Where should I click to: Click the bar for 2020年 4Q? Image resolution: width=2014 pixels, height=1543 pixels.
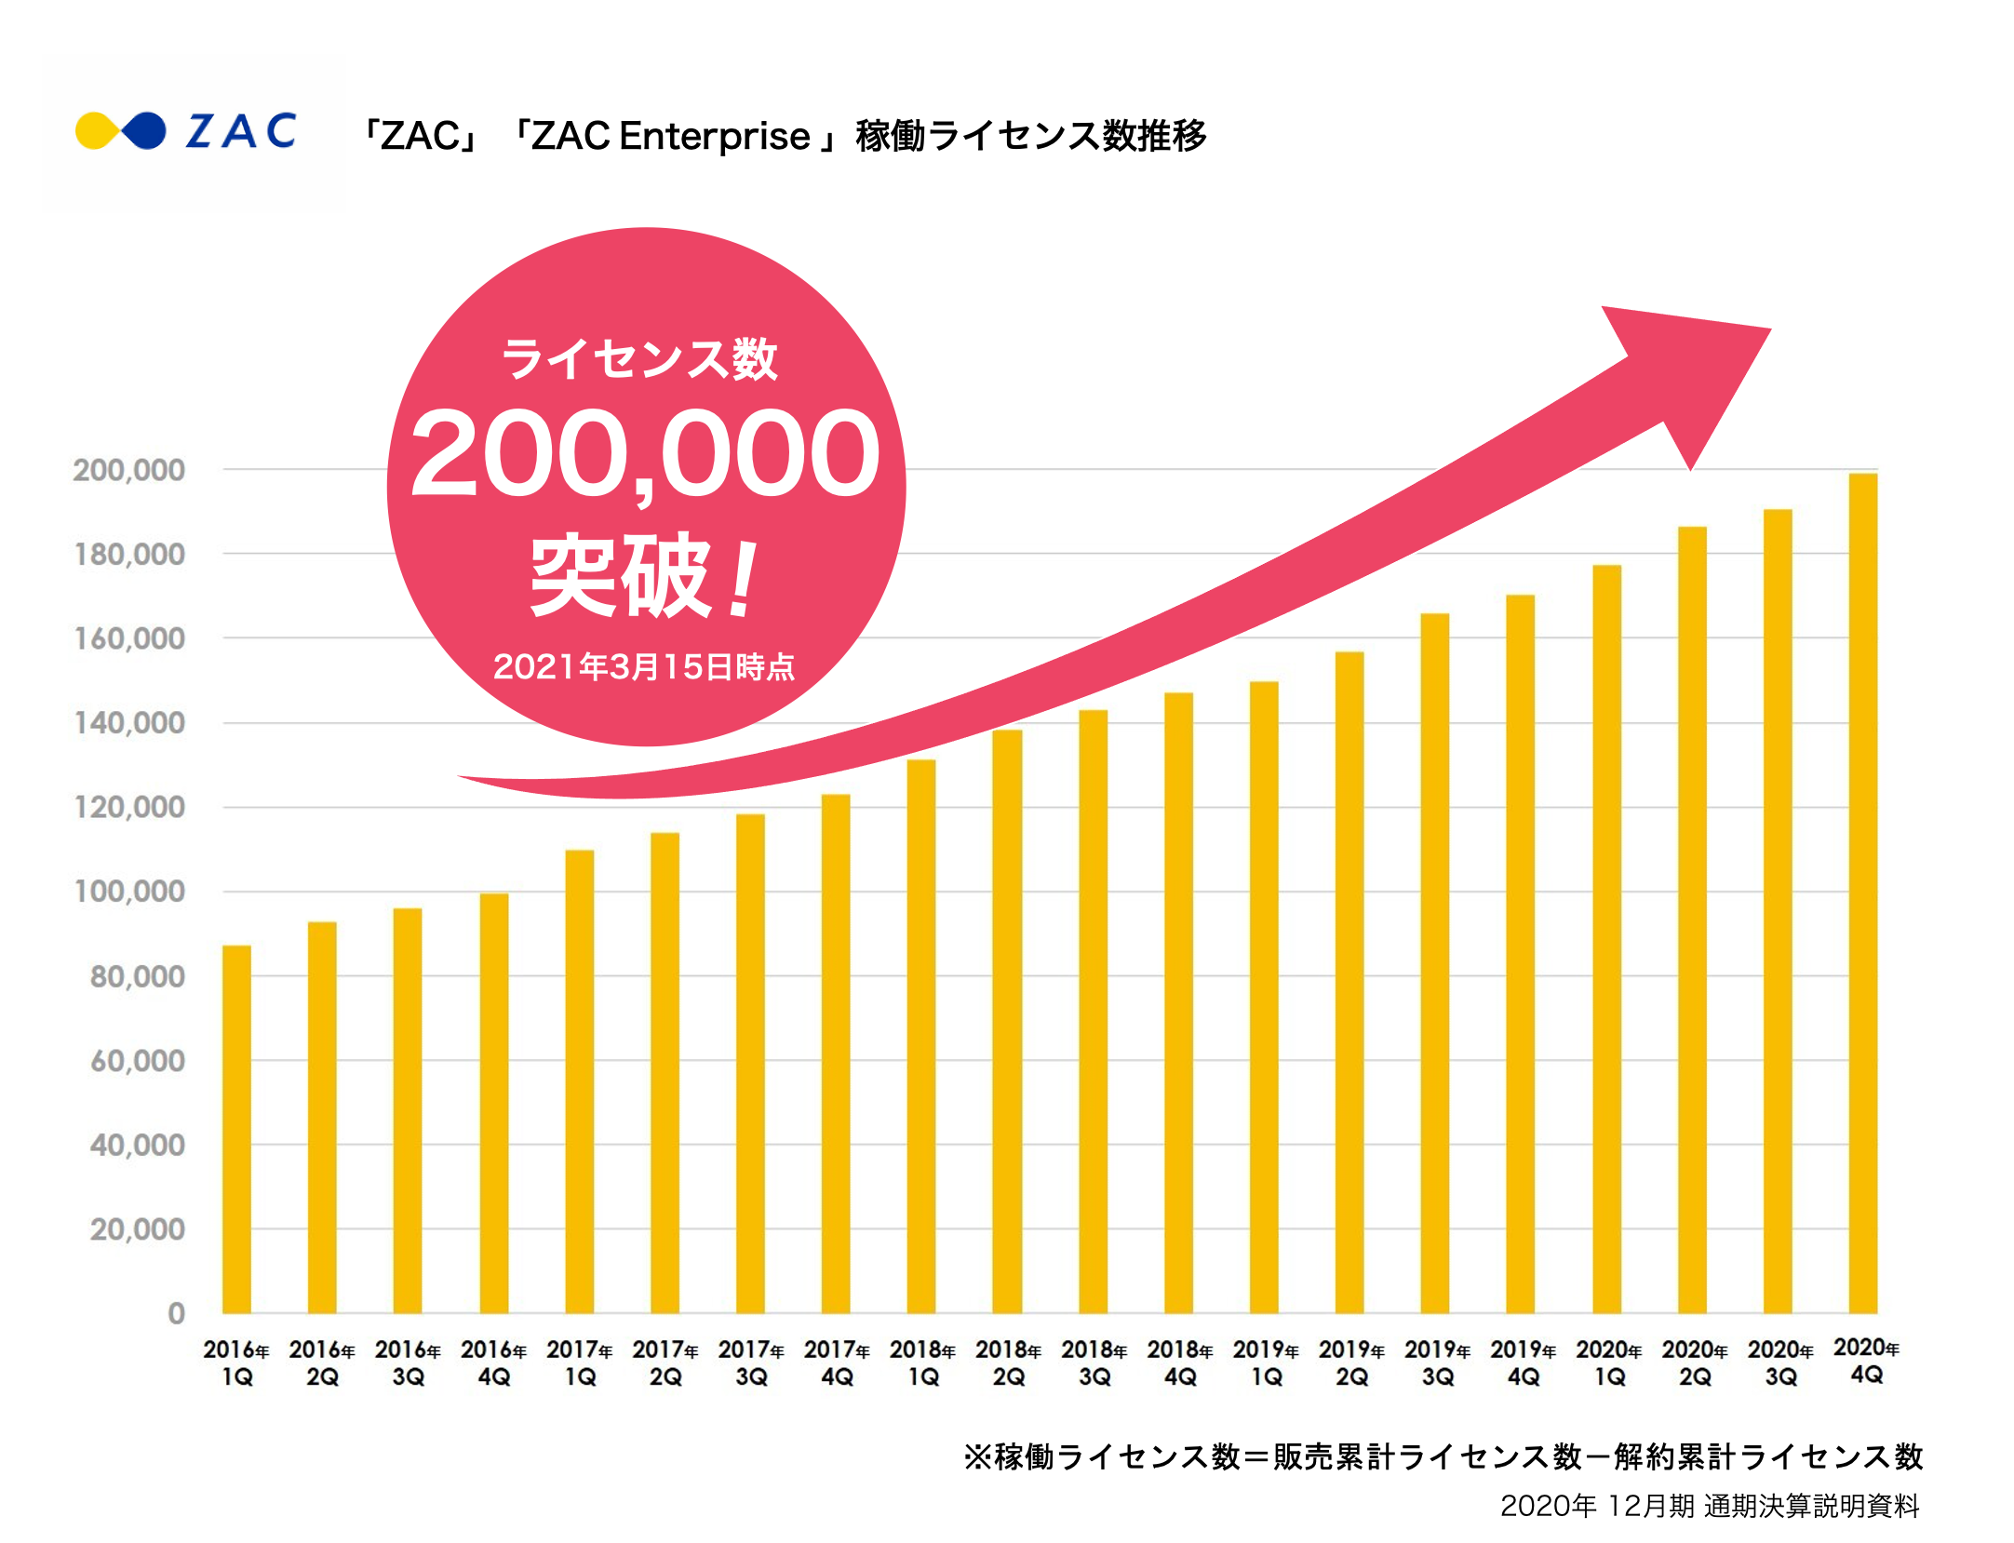click(x=1863, y=893)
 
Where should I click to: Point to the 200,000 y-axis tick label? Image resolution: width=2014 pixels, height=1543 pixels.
click(x=129, y=470)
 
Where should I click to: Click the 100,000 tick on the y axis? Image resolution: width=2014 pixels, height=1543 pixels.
click(x=129, y=892)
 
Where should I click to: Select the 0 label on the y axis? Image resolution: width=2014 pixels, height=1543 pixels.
click(x=176, y=1313)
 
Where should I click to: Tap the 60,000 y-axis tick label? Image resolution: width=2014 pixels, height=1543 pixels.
click(x=138, y=1061)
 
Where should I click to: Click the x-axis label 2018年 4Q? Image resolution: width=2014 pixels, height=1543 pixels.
click(x=1179, y=1362)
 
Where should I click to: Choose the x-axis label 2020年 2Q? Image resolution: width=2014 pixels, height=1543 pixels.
click(x=1695, y=1362)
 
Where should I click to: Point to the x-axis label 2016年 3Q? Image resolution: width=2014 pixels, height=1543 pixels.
click(x=408, y=1362)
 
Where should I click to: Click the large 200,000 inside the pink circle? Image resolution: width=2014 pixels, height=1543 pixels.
click(x=645, y=454)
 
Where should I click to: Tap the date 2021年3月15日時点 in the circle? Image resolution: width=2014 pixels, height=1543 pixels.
click(x=644, y=666)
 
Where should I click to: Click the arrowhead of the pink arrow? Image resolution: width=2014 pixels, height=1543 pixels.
click(x=1694, y=372)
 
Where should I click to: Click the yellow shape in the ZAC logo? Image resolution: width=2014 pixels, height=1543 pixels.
click(x=96, y=131)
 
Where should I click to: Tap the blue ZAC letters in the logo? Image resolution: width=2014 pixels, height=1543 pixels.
click(x=241, y=131)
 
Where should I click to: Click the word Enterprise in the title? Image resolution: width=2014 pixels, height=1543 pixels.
click(x=715, y=136)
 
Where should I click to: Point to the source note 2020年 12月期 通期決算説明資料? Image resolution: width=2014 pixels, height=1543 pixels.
click(x=1710, y=1506)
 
